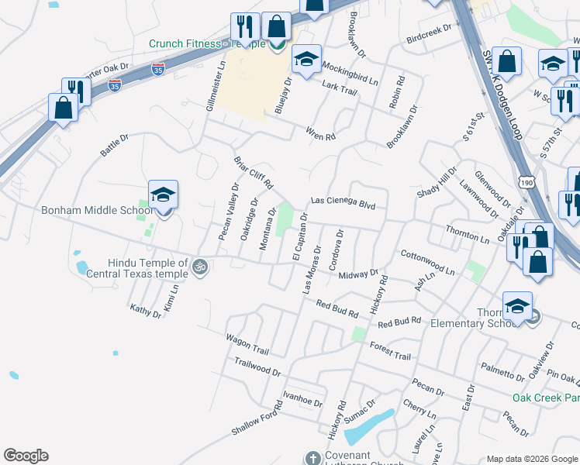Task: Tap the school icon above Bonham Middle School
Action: (x=164, y=194)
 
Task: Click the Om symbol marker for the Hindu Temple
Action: (x=200, y=267)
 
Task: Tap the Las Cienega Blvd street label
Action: (x=343, y=201)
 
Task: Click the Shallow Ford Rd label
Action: (x=257, y=419)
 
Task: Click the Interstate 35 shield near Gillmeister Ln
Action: (x=158, y=69)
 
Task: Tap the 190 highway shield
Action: (x=527, y=181)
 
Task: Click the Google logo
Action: (x=26, y=456)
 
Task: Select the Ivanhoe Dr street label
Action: (x=302, y=401)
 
